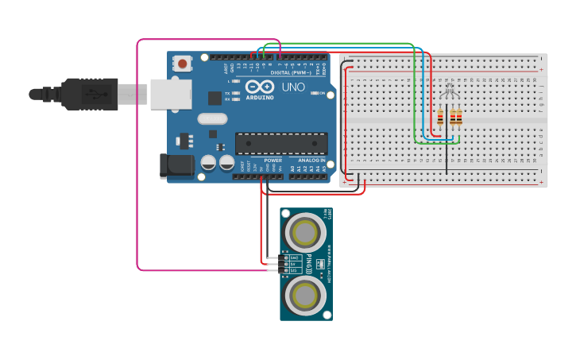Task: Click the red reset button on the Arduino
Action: pos(184,63)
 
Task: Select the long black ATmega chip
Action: pos(280,144)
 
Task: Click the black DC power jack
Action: pos(176,165)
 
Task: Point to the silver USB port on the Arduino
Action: pos(171,93)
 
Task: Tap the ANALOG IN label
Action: pos(310,161)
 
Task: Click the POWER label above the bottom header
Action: pos(273,161)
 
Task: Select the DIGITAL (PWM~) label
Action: pos(291,72)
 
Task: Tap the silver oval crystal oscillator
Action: pos(212,119)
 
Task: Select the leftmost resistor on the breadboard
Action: pos(440,118)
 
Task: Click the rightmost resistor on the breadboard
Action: pos(459,118)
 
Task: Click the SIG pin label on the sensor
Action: pos(294,271)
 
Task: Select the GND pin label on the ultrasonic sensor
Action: pos(294,257)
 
